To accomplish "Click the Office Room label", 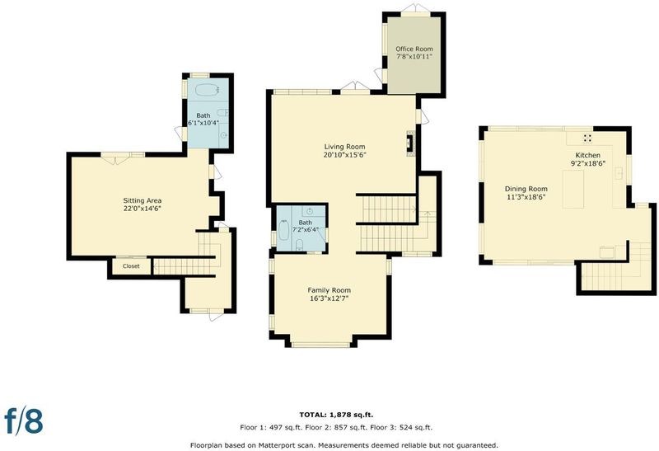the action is tap(414, 49).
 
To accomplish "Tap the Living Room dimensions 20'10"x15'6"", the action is tap(344, 155).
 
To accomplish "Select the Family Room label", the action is tap(329, 290).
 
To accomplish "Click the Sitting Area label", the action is tap(142, 200).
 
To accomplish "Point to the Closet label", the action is tap(131, 265).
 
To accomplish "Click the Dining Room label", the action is tap(526, 189).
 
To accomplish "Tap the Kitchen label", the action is tap(588, 155).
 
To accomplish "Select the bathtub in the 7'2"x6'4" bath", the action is tap(283, 230).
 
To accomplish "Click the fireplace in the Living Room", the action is tap(410, 144).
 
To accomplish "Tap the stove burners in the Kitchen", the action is tap(587, 138).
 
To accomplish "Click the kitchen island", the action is tap(573, 190).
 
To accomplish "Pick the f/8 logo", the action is tap(24, 420).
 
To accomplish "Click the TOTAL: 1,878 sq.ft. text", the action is tap(336, 415).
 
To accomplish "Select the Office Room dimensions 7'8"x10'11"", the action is tap(414, 56).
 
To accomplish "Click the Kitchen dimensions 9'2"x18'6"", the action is tap(588, 163).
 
